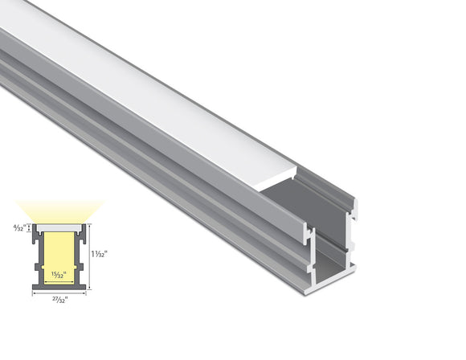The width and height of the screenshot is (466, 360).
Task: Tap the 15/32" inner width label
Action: (x=59, y=273)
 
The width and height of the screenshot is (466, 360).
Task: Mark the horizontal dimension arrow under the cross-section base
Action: (x=59, y=292)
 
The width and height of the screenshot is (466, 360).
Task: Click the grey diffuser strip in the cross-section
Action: (x=59, y=227)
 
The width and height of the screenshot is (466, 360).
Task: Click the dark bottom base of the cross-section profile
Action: (x=59, y=287)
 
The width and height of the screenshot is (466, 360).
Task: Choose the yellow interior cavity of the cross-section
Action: (x=59, y=253)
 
